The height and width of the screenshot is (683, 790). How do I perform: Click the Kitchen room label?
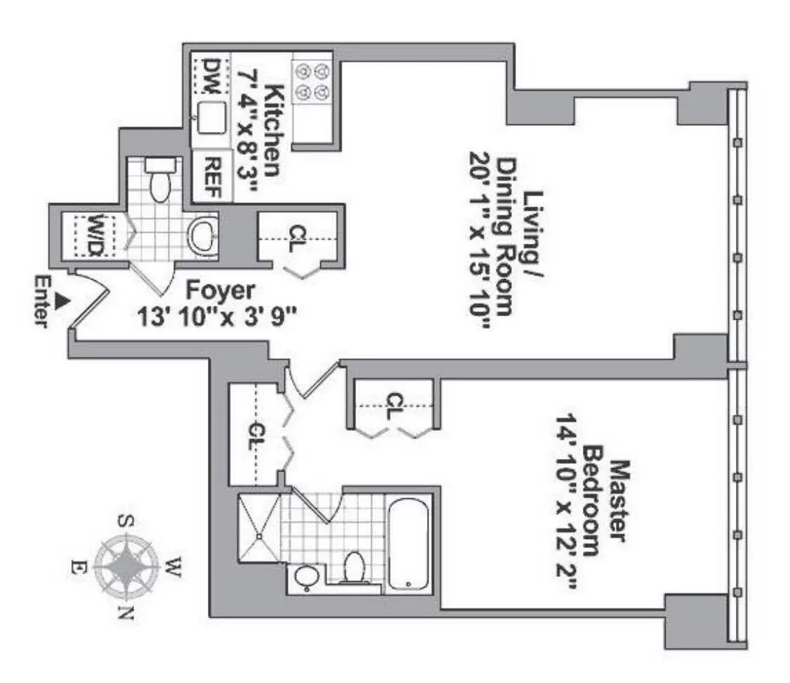pos(274,131)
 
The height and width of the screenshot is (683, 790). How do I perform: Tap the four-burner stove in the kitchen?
pos(312,82)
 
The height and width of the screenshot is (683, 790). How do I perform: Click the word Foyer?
pos(220,291)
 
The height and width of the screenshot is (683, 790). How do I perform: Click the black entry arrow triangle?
pos(62,300)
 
